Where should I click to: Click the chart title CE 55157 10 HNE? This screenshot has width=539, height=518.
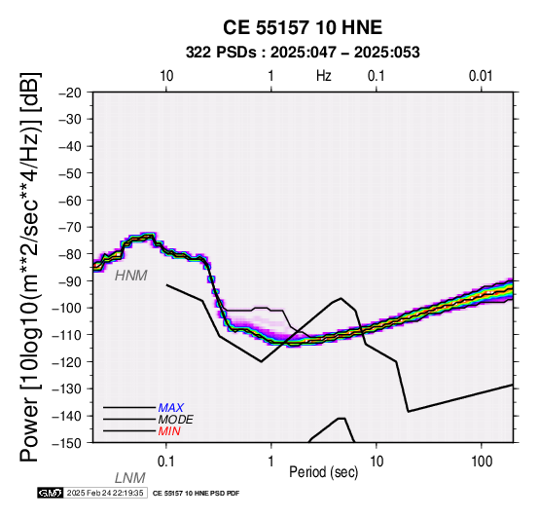(x=303, y=27)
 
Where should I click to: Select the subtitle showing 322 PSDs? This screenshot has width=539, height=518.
(x=303, y=53)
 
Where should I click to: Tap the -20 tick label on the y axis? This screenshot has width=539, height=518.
(x=70, y=92)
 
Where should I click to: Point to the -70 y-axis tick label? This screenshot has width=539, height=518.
(x=70, y=228)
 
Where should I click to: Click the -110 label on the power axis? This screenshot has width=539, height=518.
(x=67, y=335)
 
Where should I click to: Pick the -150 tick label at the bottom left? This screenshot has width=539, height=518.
(x=67, y=443)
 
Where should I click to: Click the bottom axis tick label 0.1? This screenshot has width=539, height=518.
(x=166, y=462)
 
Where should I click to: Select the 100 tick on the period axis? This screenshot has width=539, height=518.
(x=482, y=462)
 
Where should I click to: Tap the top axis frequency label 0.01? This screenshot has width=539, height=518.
(x=481, y=76)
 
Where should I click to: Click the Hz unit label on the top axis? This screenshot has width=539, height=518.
(x=323, y=76)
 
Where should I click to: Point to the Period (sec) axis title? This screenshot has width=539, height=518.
(x=323, y=472)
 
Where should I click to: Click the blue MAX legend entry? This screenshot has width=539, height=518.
(x=171, y=408)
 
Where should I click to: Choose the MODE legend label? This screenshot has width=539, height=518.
(x=176, y=420)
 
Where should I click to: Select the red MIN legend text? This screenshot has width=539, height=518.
(x=169, y=431)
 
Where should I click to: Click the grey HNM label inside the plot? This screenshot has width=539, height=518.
(x=131, y=276)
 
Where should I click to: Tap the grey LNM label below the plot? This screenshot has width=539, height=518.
(x=130, y=478)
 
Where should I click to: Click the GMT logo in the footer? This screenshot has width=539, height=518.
(x=51, y=493)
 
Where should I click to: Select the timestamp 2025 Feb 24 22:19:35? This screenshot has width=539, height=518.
(x=105, y=493)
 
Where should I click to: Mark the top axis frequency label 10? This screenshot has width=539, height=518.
(x=166, y=76)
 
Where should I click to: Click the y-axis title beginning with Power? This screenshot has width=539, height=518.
(x=30, y=267)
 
